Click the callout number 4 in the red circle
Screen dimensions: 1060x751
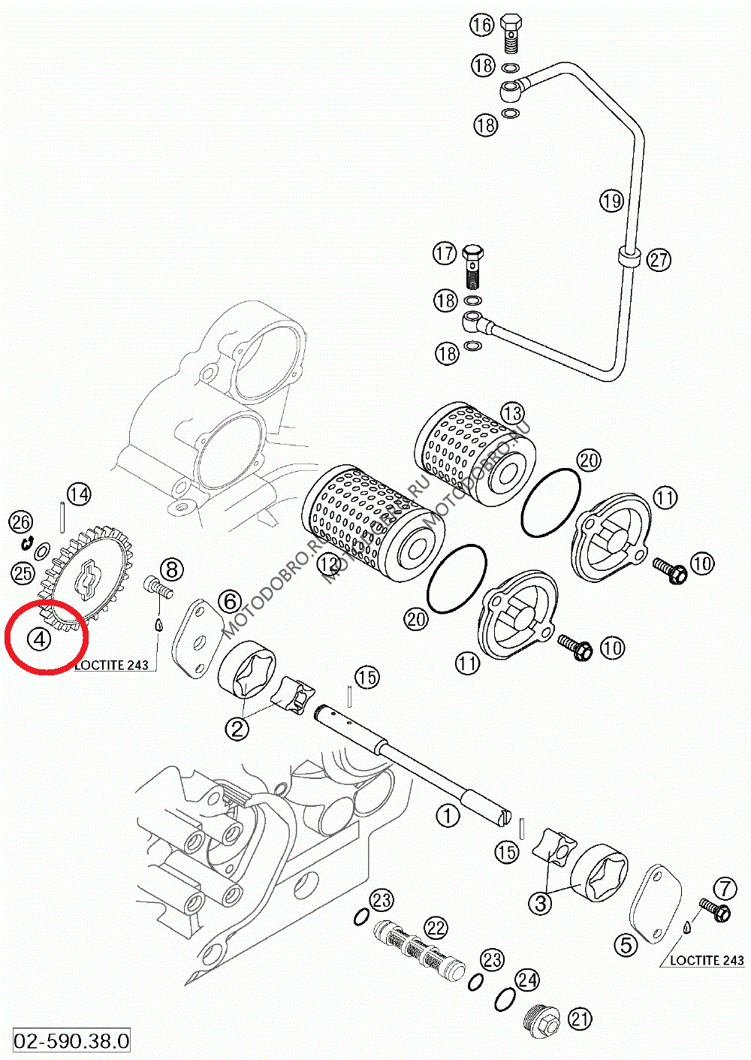tap(39, 639)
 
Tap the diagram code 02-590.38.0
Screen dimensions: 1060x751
tap(72, 1040)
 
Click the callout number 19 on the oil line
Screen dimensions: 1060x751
tap(612, 201)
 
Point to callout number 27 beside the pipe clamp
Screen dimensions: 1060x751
tap(659, 261)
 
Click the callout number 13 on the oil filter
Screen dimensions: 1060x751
tap(512, 413)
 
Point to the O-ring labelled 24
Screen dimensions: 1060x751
tap(505, 1000)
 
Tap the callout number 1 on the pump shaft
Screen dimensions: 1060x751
tap(448, 815)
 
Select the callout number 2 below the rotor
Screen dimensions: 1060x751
tap(237, 728)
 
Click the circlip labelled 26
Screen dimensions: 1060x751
tap(29, 542)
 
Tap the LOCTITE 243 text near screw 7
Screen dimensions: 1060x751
tap(706, 960)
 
